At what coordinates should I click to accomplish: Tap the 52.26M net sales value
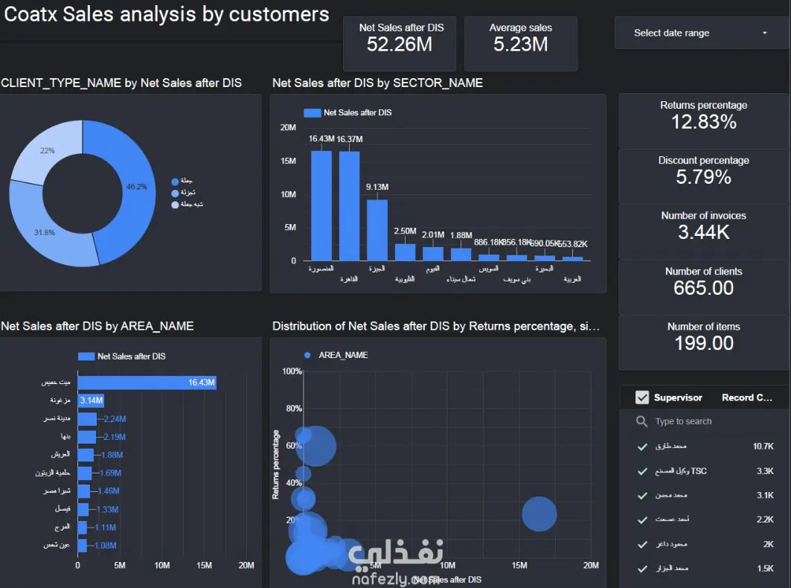coord(400,45)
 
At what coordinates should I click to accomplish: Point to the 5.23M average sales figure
coord(520,45)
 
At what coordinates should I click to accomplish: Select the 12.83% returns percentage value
coord(703,122)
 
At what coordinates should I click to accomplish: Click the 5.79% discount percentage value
coord(703,177)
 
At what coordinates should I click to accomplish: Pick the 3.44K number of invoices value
coord(703,232)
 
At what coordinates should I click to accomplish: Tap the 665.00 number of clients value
coord(703,288)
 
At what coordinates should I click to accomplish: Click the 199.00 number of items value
coord(703,343)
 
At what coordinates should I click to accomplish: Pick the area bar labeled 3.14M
coord(91,400)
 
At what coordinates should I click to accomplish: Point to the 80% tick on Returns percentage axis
coord(292,408)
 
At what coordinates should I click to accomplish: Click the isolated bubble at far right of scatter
coord(539,514)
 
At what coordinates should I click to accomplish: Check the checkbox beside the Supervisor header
coord(642,397)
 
